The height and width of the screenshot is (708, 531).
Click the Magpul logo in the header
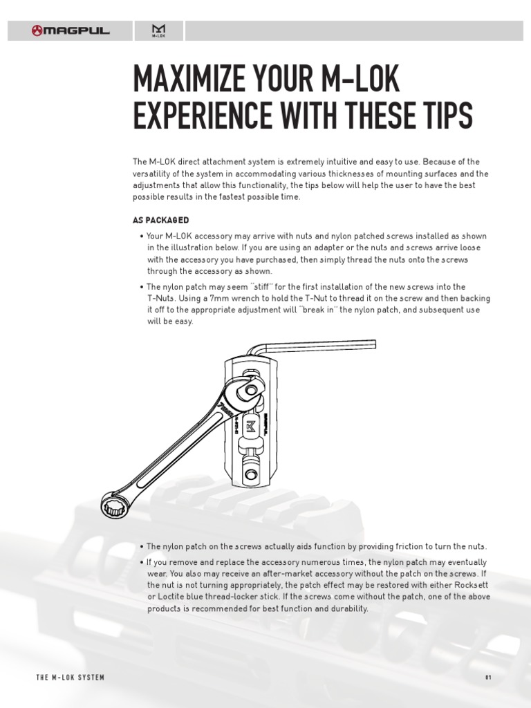coord(71,30)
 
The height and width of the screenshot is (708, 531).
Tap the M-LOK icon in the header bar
coord(158,31)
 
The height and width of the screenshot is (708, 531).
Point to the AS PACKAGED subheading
coord(160,221)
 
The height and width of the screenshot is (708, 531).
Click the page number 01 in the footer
coord(487,678)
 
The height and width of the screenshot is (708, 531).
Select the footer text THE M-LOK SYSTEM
coord(70,678)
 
